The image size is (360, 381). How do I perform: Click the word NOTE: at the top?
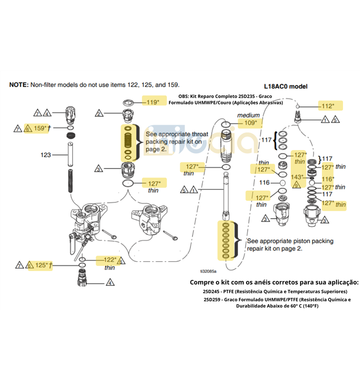(x=19, y=85)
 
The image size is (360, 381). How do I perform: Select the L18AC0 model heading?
(x=285, y=86)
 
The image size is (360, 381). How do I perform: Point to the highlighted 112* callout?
(x=328, y=106)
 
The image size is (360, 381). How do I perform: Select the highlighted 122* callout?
(x=110, y=260)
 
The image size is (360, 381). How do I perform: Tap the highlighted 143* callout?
(x=297, y=177)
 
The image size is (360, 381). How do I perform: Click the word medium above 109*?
(x=248, y=115)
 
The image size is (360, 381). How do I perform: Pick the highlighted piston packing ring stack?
(x=225, y=241)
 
